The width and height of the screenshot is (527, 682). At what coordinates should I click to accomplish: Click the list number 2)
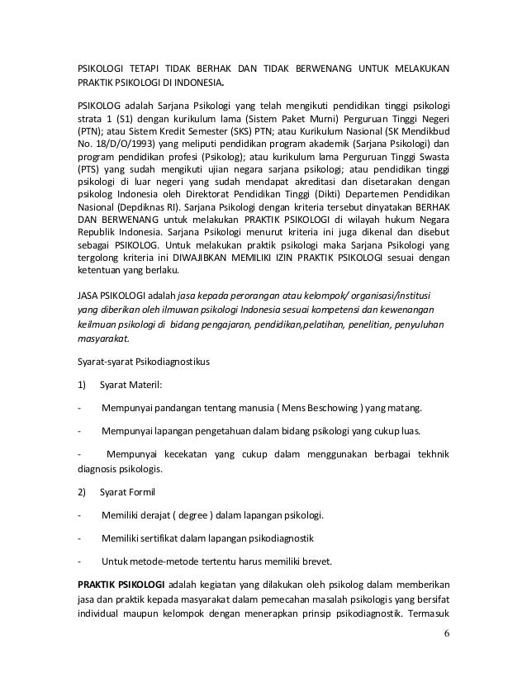click(x=82, y=492)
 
